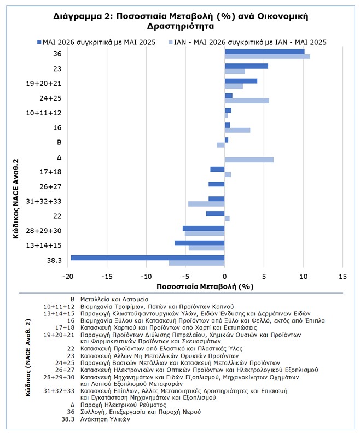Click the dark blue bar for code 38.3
148,258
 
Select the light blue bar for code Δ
249,160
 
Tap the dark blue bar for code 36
264,51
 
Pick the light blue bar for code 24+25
247,101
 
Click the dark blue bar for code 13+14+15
200,243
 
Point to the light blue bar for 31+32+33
206,204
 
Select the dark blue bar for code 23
246,66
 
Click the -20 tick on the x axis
68,277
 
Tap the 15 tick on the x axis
342,277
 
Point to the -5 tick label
185,277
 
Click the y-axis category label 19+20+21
44,84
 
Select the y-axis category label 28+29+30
44,231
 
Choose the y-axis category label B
59,142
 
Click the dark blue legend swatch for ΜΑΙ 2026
39,42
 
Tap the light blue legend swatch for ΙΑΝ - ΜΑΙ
170,42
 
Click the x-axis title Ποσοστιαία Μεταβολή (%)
205,286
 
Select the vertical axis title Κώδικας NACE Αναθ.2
16,198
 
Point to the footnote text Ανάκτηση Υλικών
105,419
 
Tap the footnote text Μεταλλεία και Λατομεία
114,299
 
